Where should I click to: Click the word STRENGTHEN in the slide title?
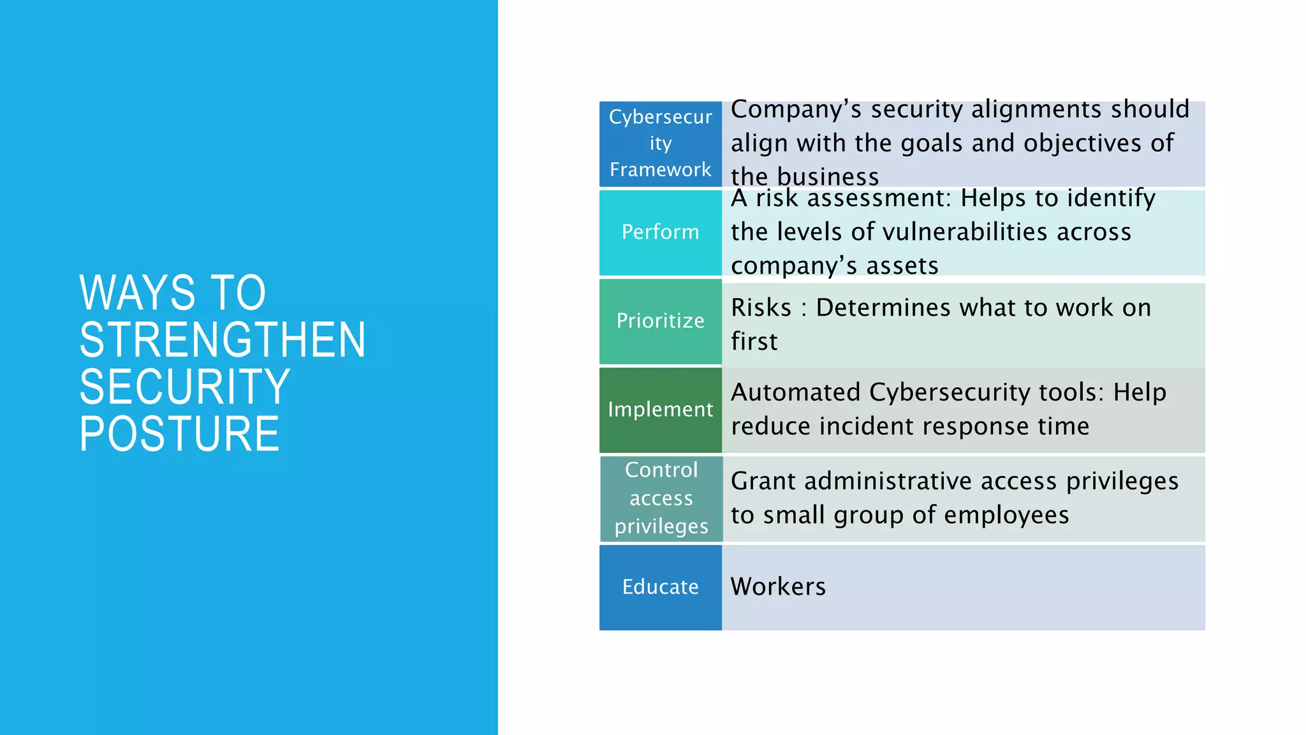(223, 339)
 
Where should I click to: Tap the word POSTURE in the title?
(179, 434)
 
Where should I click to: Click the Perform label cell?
(660, 232)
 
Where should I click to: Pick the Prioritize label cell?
(660, 321)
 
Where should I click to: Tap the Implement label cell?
(660, 410)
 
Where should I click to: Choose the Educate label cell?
(660, 587)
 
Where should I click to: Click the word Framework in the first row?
(660, 170)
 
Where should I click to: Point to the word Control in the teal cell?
(661, 470)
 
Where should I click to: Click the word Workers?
(778, 587)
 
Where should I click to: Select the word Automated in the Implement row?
(795, 392)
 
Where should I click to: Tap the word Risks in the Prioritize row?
(761, 308)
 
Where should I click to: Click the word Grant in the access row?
(763, 481)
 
